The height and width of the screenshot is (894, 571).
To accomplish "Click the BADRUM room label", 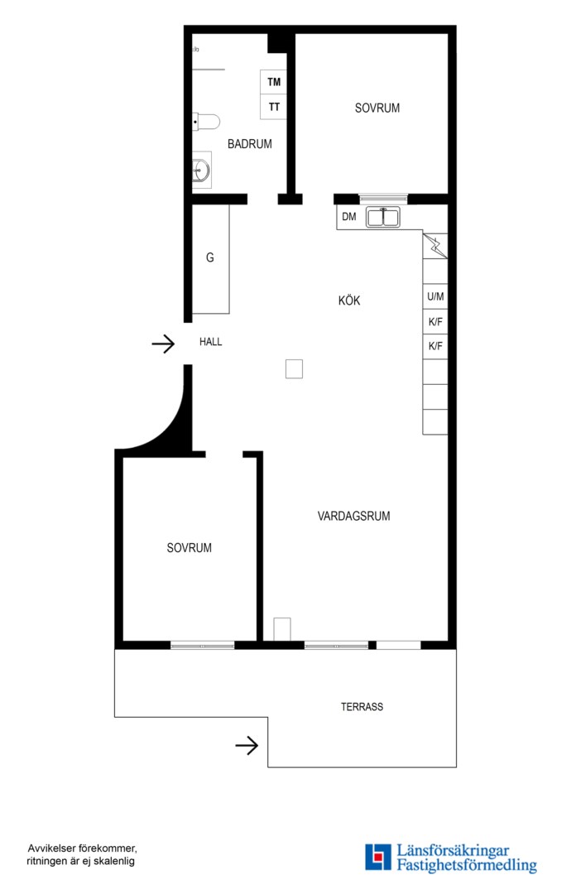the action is click(250, 144).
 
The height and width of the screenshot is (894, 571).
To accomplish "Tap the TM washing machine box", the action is click(274, 82).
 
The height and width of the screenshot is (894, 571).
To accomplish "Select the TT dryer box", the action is click(274, 107).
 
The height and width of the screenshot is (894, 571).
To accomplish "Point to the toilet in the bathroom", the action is click(206, 122).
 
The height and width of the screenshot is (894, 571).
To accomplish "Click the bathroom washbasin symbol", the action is click(201, 170).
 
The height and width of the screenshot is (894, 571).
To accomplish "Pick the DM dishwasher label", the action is click(349, 217).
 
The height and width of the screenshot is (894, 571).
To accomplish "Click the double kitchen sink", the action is click(383, 217).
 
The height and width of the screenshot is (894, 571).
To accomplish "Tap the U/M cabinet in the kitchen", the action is click(435, 296).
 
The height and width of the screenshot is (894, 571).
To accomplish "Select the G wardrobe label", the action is click(209, 257).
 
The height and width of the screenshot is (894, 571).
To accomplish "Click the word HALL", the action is click(211, 342).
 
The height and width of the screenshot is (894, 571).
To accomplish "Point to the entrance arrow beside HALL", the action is click(163, 344).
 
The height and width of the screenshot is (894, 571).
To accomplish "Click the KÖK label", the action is click(349, 300).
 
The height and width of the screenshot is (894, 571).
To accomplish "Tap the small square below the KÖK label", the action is click(294, 369).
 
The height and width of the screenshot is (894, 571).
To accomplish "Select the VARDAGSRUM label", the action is click(354, 517).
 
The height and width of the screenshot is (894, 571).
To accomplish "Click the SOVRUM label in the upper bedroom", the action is click(377, 108).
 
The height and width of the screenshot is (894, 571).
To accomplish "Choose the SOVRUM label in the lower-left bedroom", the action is click(190, 549).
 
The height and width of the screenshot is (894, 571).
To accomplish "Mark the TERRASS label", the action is click(362, 707).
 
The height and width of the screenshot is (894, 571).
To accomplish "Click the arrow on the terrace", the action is click(247, 745).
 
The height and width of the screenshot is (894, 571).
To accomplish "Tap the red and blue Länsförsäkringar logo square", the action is click(378, 858).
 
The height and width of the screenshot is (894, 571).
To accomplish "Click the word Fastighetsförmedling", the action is click(467, 866).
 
